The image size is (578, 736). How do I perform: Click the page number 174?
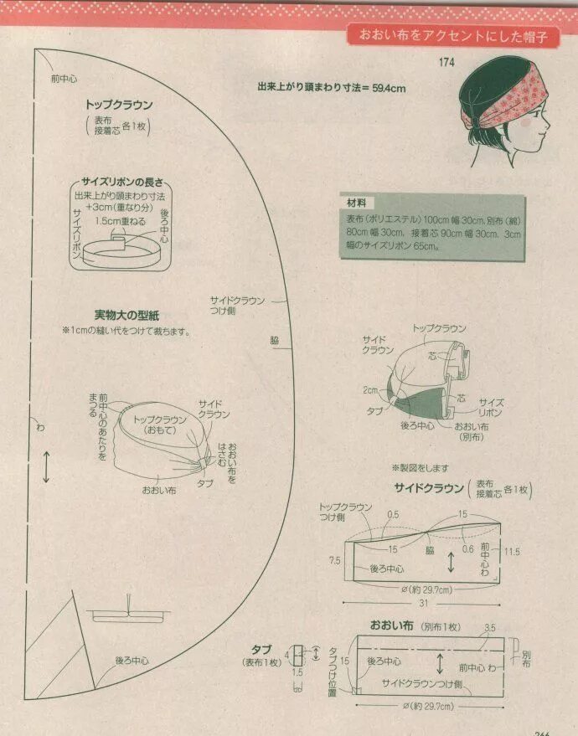(x=446, y=63)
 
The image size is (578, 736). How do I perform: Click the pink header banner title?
(x=459, y=36)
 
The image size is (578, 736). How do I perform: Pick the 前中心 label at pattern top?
(x=64, y=79)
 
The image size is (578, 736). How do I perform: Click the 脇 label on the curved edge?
(x=275, y=340)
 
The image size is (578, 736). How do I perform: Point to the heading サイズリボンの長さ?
(x=122, y=183)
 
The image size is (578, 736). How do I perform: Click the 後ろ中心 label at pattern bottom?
(x=132, y=661)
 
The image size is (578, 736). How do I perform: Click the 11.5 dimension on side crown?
(x=513, y=552)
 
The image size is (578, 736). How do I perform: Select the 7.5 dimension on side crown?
(x=334, y=560)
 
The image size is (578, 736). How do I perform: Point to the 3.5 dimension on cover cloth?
(x=489, y=626)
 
